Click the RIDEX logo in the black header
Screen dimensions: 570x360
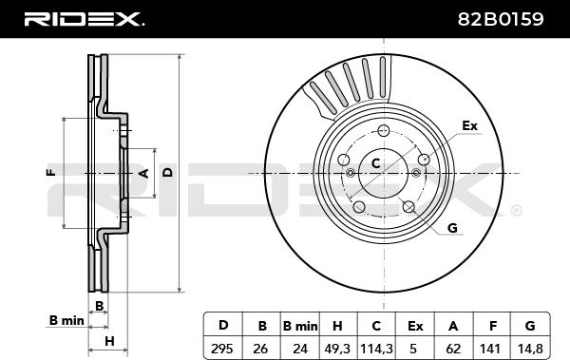coord(84,19)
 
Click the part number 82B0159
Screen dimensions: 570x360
coord(501,19)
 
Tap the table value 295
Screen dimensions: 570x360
coord(222,349)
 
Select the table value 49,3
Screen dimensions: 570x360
coord(337,349)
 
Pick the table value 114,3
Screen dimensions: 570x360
coord(376,349)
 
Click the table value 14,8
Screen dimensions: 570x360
coord(530,349)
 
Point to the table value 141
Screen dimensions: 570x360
coord(490,349)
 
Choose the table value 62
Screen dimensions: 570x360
coord(453,349)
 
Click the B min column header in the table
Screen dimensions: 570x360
coord(300,326)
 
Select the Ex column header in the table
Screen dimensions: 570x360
coord(415,326)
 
